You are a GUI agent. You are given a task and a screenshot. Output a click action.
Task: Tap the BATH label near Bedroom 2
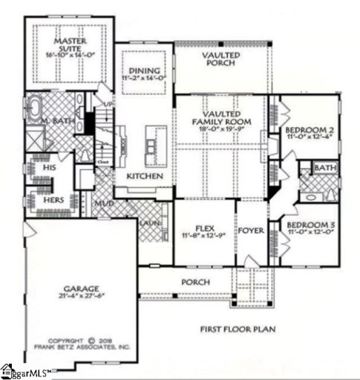tap(324, 169)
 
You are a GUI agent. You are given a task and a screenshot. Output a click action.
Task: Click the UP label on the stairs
tap(109, 103)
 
